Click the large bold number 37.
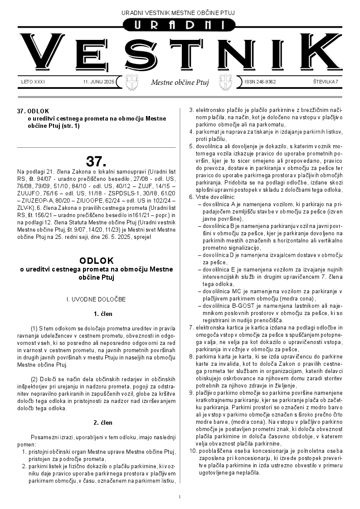pos(96,161)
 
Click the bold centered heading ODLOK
pos(96,261)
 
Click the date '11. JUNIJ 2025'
pos(99,82)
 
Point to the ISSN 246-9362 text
pos(260,82)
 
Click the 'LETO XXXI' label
pos(33,82)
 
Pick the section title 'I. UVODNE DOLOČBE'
pos(96,299)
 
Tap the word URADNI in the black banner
pos(180,25)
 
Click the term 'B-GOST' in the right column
pos(237,307)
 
